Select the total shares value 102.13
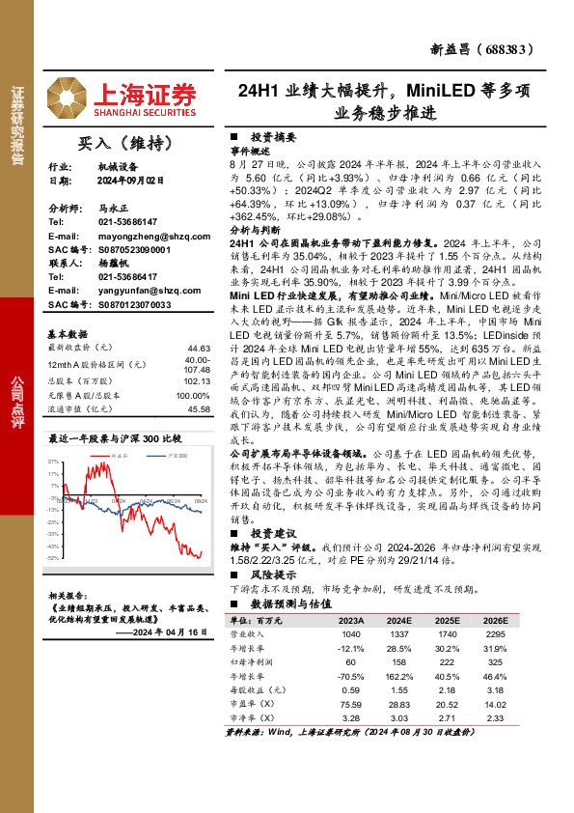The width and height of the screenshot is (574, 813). coord(198,380)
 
